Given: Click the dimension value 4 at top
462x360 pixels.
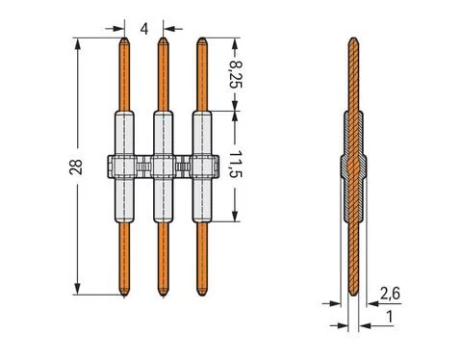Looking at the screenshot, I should coord(143,28).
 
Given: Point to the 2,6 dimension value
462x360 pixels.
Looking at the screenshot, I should coord(390,292).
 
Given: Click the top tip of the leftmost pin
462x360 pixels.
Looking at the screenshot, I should coord(123,40).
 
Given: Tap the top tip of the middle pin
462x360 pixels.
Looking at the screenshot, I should coord(164,40).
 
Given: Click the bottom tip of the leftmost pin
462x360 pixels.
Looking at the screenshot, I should coord(123,293).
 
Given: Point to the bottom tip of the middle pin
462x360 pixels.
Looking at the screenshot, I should coord(164,293).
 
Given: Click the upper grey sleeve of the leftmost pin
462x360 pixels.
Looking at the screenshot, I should coord(123,133).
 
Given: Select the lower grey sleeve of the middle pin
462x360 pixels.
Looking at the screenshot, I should coord(164,202).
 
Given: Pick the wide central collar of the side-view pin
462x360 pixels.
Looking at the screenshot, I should coord(352,167).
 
